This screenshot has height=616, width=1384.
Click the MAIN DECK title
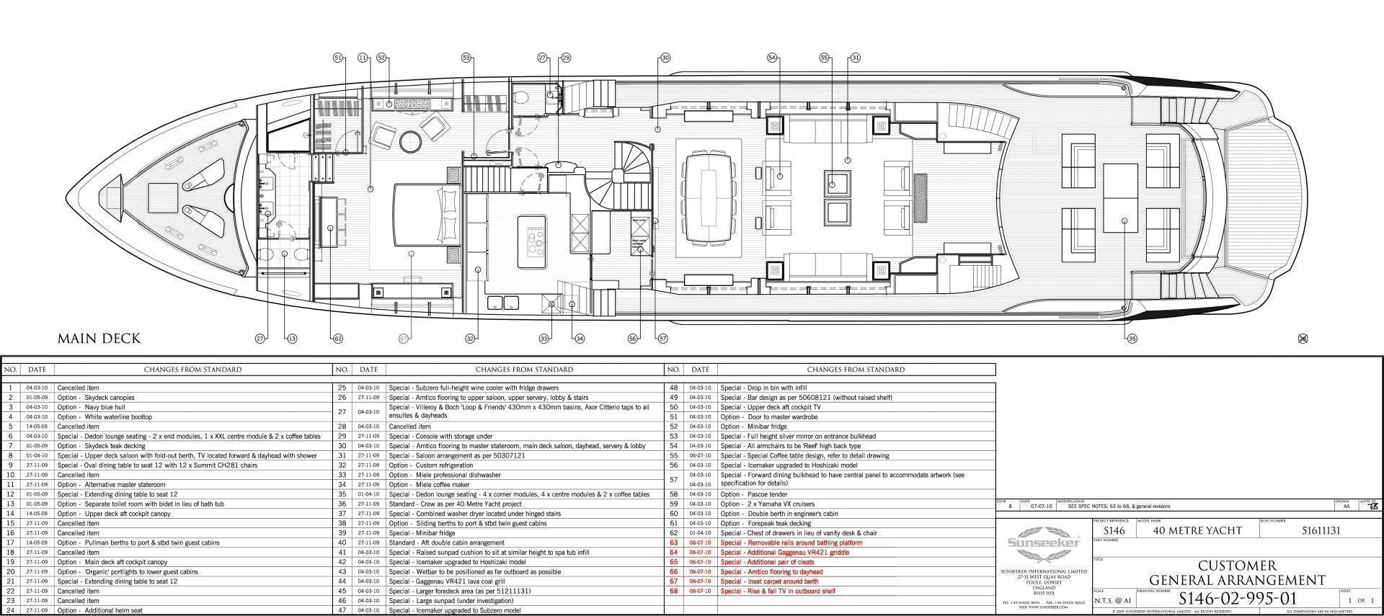point(99,339)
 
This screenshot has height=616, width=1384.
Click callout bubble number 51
point(338,58)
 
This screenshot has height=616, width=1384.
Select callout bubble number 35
point(1132,339)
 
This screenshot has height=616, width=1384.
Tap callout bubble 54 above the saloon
point(772,58)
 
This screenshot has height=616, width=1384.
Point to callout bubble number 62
point(337,339)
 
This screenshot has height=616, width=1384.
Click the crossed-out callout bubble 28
point(1303,339)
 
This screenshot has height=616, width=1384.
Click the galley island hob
point(536,241)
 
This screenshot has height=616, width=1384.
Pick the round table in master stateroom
point(409,141)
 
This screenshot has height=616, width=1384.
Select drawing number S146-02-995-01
point(1237,599)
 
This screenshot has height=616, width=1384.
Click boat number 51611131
point(1321,531)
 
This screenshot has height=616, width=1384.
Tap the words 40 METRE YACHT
point(1197,531)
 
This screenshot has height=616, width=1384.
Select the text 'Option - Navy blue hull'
point(91,407)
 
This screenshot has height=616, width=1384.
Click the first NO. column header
point(11,370)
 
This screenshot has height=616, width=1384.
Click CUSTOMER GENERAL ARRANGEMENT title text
point(1237,573)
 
